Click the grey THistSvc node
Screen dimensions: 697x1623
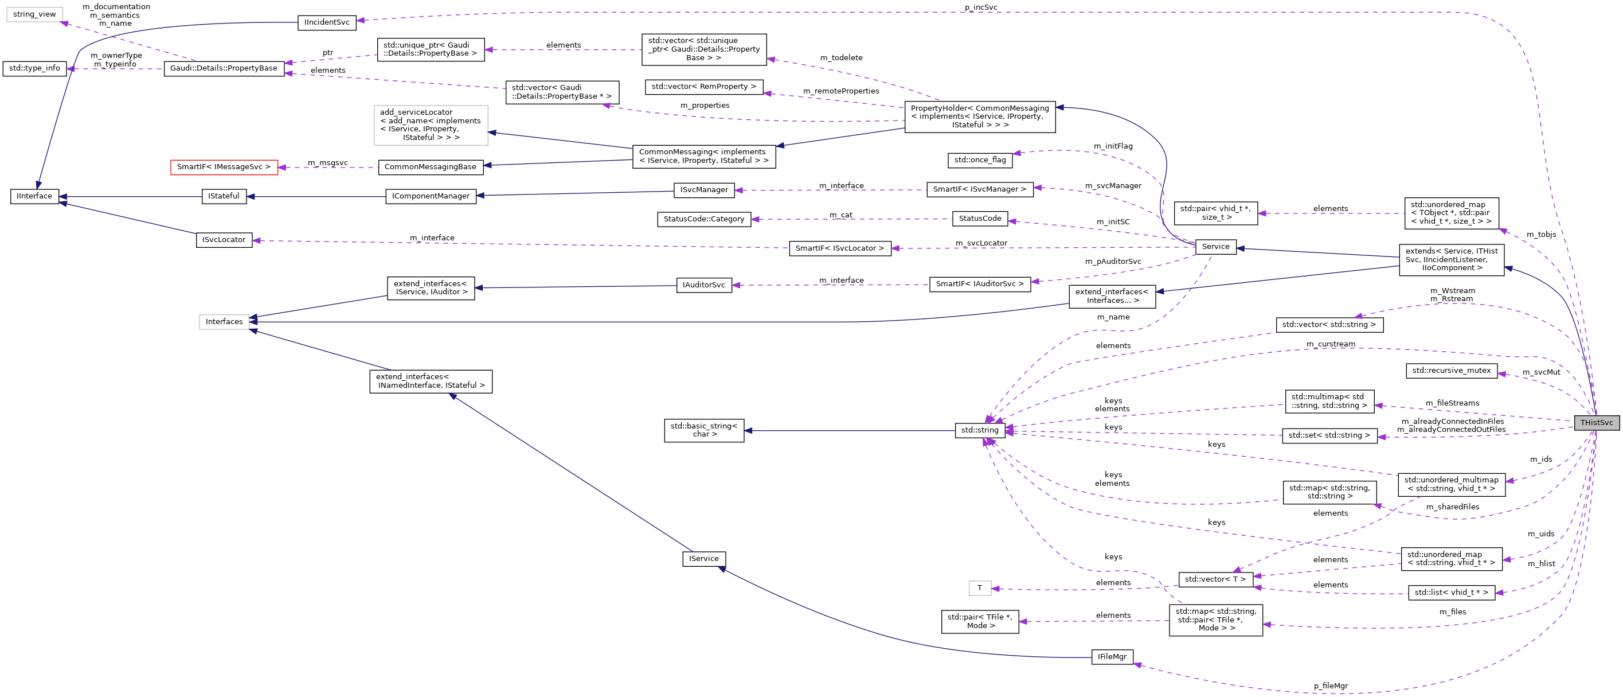tap(1596, 423)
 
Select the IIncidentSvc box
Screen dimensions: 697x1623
tap(326, 22)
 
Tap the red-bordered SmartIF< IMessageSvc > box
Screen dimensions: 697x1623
tap(224, 167)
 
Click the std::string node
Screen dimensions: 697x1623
tap(980, 430)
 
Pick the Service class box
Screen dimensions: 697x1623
tap(1215, 247)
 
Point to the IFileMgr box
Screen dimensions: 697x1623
tap(1112, 657)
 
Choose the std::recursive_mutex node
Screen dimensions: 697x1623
tap(1451, 371)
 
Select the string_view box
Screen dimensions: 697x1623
tap(34, 14)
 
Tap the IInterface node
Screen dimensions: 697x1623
tap(34, 196)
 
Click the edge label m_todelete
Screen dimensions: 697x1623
tap(840, 58)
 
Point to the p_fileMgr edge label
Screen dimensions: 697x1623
tap(1330, 686)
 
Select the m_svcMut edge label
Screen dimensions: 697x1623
tap(1541, 372)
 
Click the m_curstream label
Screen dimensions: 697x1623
tap(1330, 344)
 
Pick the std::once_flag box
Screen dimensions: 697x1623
tap(980, 160)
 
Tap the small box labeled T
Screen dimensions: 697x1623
tap(979, 588)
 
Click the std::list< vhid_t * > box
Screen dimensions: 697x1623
tap(1451, 593)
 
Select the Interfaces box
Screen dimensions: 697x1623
tap(224, 322)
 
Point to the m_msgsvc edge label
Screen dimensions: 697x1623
tap(327, 162)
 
